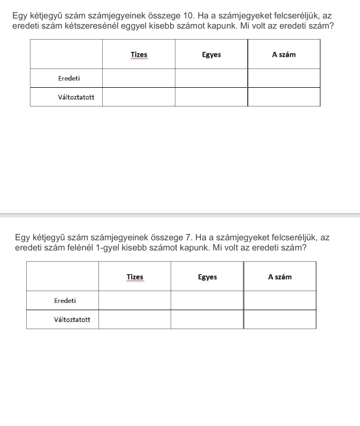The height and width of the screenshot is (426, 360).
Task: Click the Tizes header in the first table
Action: pyautogui.click(x=139, y=55)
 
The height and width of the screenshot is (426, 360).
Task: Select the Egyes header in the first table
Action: pyautogui.click(x=211, y=55)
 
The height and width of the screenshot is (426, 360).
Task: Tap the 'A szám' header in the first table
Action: pyautogui.click(x=284, y=55)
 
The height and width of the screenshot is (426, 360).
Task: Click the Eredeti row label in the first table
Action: pyautogui.click(x=69, y=78)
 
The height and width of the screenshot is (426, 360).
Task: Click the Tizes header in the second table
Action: pyautogui.click(x=135, y=277)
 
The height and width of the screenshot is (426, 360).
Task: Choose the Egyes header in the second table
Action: pyautogui.click(x=207, y=277)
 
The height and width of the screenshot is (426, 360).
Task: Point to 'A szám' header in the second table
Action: pyautogui.click(x=280, y=277)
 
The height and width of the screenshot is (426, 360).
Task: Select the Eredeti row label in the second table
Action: pyautogui.click(x=65, y=300)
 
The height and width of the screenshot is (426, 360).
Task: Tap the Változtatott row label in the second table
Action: pyautogui.click(x=72, y=319)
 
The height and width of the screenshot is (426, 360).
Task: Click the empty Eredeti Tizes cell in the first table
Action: pyautogui.click(x=139, y=78)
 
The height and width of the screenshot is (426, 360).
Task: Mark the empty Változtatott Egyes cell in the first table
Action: pyautogui.click(x=211, y=97)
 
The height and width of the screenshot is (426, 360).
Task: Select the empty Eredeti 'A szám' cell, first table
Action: pyautogui.click(x=284, y=78)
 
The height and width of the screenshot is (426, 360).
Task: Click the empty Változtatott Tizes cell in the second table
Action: pyautogui.click(x=135, y=319)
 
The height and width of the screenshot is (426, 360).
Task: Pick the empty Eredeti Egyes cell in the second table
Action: pyautogui.click(x=207, y=300)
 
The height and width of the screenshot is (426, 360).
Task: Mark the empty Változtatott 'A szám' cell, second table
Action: pyautogui.click(x=280, y=319)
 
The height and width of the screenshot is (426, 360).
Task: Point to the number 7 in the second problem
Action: pyautogui.click(x=188, y=238)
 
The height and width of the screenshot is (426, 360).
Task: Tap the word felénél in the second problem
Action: pyautogui.click(x=79, y=248)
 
